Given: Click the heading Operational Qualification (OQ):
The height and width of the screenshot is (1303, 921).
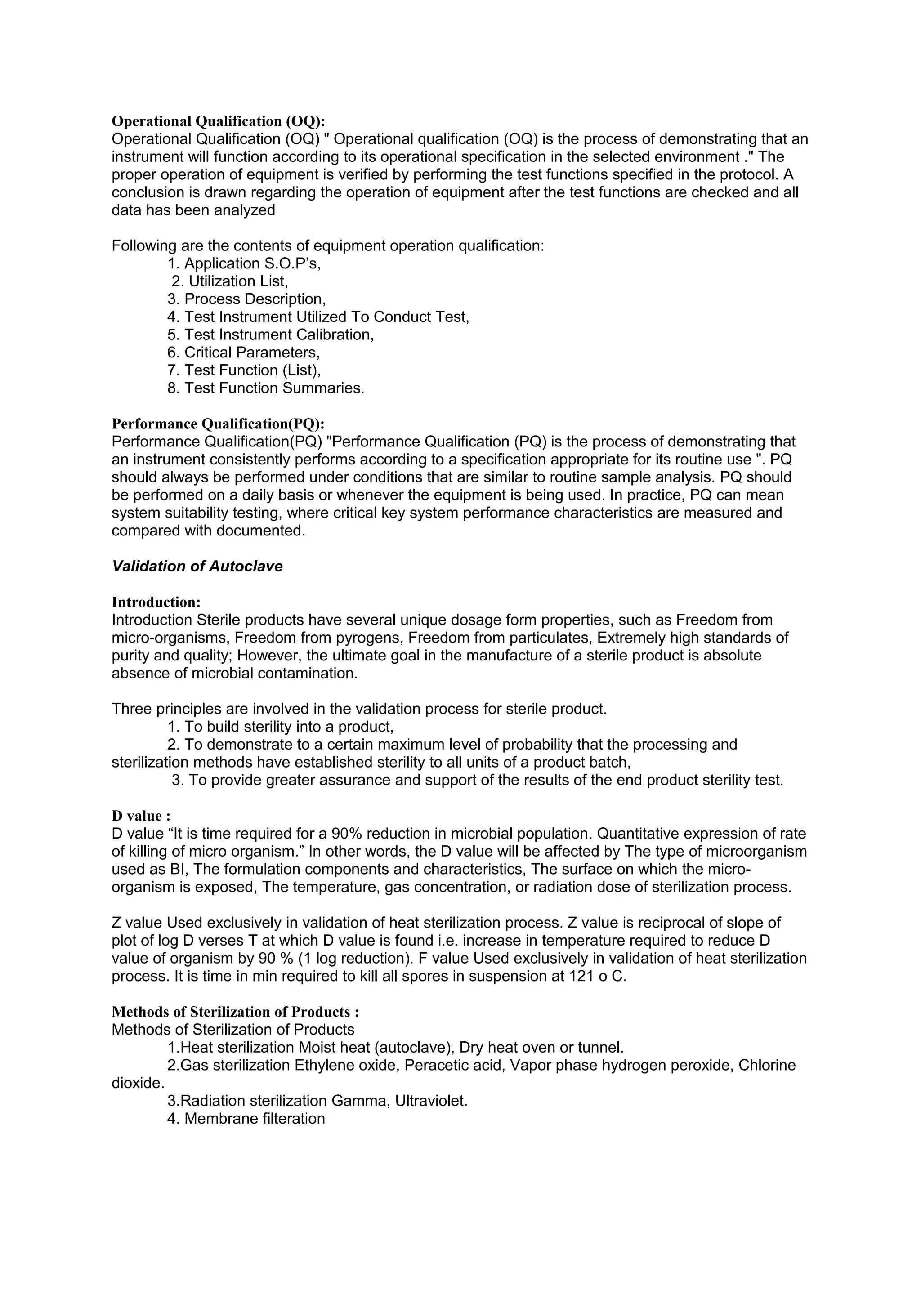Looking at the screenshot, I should click(218, 121).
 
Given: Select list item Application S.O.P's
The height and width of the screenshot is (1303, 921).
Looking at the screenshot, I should click(244, 263).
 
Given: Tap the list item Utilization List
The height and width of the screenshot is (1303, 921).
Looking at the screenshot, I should click(230, 281).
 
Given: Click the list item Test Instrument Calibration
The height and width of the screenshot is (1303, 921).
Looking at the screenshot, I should click(271, 335).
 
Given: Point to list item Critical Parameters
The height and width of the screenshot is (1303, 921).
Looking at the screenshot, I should click(244, 353).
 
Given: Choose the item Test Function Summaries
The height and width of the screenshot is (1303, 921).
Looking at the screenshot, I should click(266, 388).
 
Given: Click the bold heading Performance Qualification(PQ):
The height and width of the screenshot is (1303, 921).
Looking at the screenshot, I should click(218, 424).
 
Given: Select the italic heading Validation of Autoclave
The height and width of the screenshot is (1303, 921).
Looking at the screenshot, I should click(197, 567).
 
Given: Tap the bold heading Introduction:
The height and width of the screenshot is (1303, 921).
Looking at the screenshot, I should click(156, 602).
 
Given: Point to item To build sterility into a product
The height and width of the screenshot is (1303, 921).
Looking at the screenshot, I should click(280, 727).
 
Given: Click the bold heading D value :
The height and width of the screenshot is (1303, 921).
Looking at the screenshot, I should click(141, 816).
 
